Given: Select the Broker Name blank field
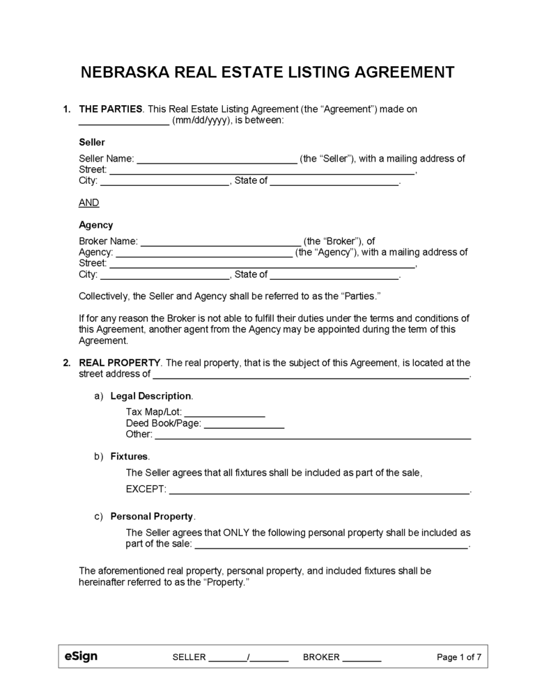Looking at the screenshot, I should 221,242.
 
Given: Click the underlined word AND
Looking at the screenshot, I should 89,203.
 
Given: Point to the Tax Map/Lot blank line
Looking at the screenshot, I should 225,412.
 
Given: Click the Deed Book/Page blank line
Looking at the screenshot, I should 244,423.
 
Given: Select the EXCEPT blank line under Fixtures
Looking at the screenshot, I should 320,489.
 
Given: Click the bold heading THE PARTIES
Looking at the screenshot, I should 111,109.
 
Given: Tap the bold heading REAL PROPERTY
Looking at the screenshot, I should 120,363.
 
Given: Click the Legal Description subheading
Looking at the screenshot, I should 151,396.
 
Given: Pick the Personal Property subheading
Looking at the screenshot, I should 152,517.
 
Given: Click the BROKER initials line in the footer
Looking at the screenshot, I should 362,657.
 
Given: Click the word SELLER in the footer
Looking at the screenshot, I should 189,657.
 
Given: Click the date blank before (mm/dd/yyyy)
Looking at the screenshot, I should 124,120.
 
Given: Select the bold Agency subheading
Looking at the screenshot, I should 95,225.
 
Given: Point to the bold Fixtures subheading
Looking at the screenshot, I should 130,457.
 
